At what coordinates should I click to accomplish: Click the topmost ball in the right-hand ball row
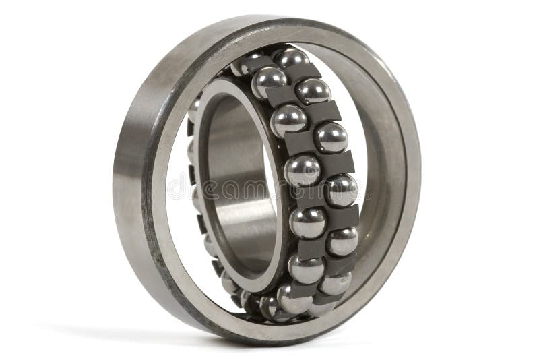(x=313, y=90)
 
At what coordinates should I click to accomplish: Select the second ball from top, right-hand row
(x=331, y=138)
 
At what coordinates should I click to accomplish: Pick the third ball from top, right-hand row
(x=341, y=189)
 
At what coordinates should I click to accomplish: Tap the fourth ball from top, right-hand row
(x=343, y=240)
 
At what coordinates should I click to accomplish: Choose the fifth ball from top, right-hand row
(x=335, y=282)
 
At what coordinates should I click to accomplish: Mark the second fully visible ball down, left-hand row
(x=288, y=122)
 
